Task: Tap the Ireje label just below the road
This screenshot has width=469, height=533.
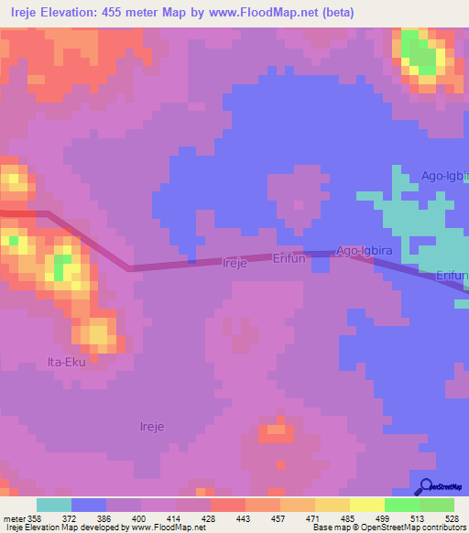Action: (x=235, y=263)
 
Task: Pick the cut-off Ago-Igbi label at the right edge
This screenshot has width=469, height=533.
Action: (x=444, y=176)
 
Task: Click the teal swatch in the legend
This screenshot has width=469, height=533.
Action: (x=54, y=505)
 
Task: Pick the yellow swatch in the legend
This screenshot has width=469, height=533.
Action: (x=367, y=505)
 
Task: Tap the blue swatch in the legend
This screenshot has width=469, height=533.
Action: (x=89, y=505)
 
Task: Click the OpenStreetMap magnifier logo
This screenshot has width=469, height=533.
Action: (x=425, y=486)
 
